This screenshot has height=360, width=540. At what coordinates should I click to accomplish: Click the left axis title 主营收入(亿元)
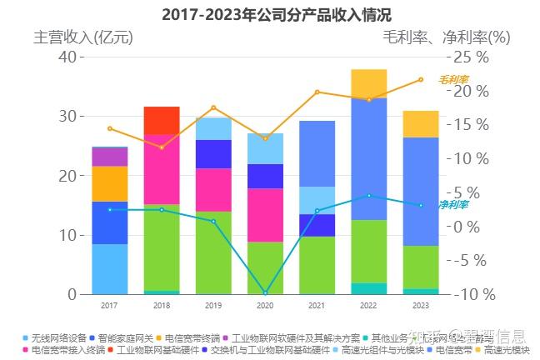tap(83, 37)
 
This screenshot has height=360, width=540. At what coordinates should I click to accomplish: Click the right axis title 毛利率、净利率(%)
tap(446, 37)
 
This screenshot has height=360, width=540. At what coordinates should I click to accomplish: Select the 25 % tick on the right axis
tap(472, 57)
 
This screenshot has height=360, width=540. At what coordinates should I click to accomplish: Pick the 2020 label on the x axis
tap(265, 306)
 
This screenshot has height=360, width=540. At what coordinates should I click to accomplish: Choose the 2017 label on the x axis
tap(109, 306)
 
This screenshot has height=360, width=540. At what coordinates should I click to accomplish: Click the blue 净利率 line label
tap(454, 204)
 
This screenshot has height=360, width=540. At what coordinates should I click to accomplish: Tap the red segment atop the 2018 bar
tap(162, 120)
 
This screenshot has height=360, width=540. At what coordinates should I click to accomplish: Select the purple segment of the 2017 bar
tap(109, 157)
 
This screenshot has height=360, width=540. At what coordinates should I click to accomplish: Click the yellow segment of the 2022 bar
tap(368, 83)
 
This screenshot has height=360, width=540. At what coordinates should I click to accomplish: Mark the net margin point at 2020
tap(265, 293)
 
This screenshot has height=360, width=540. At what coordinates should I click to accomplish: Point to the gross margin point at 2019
tap(213, 107)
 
